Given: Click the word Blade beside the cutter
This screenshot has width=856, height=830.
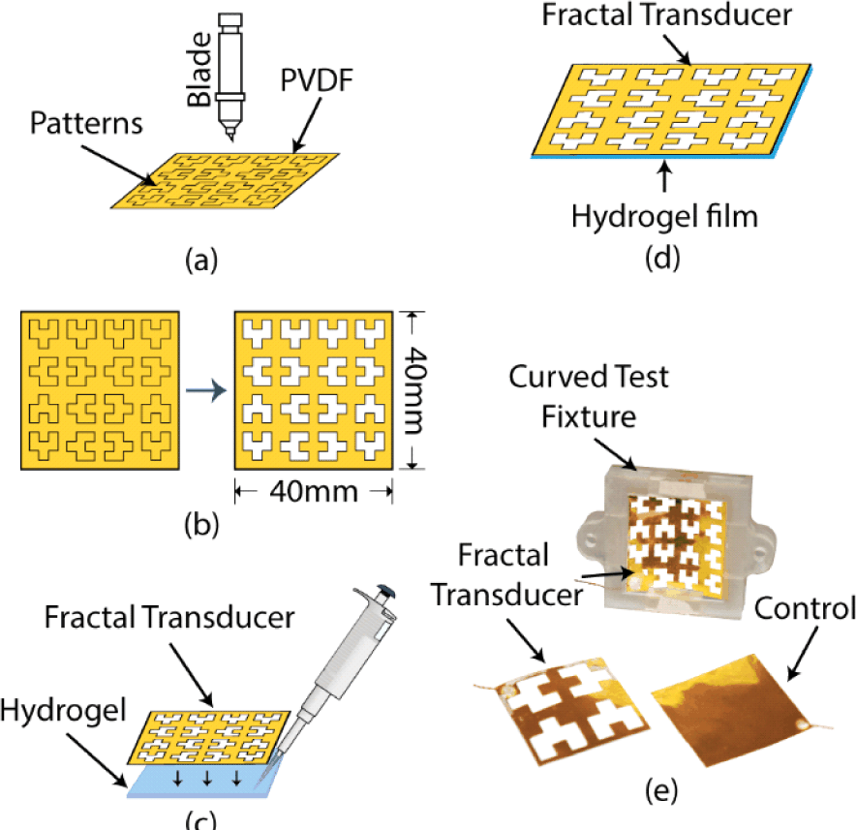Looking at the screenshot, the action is click(x=199, y=70).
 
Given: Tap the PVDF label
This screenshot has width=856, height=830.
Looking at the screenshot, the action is click(x=317, y=80).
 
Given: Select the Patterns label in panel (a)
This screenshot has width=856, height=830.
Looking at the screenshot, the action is click(x=86, y=123).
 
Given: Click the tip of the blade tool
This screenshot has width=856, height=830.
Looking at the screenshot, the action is click(x=231, y=140).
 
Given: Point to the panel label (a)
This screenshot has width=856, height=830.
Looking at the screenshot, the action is click(x=201, y=260).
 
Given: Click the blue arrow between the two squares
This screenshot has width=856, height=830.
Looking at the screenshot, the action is click(x=206, y=390).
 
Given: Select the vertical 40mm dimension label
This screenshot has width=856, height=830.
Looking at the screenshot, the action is click(x=413, y=390).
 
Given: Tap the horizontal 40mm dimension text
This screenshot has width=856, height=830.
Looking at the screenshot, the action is click(x=314, y=491).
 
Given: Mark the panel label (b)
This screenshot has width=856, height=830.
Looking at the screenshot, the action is click(x=201, y=525).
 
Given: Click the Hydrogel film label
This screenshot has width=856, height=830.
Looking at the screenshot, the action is click(x=664, y=217).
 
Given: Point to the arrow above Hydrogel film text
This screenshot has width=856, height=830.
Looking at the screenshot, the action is click(x=664, y=176).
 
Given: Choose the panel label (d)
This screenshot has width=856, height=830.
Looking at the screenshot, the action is click(x=662, y=258).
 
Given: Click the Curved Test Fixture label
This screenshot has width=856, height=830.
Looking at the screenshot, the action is click(x=589, y=396).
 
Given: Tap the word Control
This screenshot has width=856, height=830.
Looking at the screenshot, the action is click(x=805, y=608).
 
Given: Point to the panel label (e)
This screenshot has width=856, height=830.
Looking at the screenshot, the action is click(x=661, y=790).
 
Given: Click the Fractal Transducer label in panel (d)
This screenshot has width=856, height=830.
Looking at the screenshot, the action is click(x=666, y=15).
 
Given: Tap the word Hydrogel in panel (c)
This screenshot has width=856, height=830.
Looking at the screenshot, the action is click(x=63, y=711).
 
